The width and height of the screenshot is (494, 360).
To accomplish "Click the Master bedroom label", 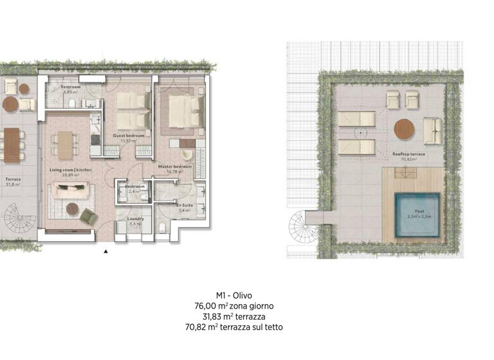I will [x=174, y=166].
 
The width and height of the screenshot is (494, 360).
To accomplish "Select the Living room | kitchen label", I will [x=71, y=170].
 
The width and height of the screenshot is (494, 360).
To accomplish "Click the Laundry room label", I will [x=136, y=219].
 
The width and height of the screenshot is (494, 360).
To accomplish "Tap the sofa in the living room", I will [x=70, y=190].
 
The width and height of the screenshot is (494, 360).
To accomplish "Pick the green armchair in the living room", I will [x=89, y=217].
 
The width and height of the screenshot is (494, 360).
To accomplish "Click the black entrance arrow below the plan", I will [x=105, y=252].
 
